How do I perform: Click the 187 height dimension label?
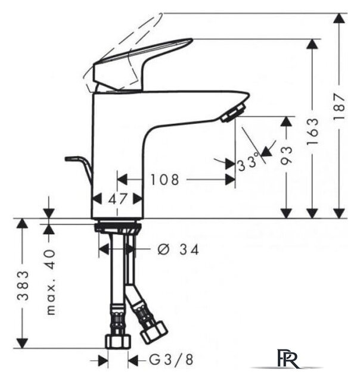[340, 106]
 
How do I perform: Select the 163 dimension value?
[312, 132]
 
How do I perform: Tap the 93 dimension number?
[286, 156]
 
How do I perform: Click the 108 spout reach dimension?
[165, 180]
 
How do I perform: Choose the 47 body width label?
[118, 199]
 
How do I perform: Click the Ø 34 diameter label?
[178, 249]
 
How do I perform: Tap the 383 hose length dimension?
[23, 286]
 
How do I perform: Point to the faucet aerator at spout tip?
[233, 113]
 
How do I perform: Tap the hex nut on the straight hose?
[118, 341]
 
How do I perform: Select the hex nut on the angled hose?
[154, 332]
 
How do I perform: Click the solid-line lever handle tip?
[191, 40]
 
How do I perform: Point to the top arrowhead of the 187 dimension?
[339, 18]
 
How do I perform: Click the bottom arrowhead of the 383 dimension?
[22, 343]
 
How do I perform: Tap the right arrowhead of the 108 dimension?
[230, 180]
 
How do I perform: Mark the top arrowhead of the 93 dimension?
[286, 121]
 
